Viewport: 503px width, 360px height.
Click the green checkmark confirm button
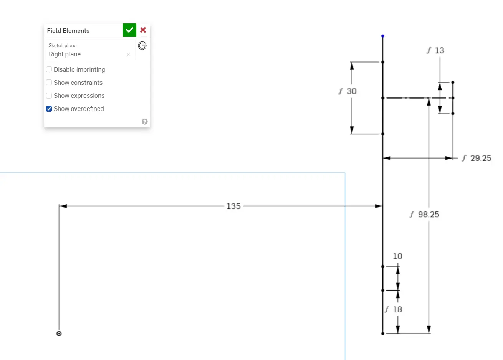click(x=129, y=30)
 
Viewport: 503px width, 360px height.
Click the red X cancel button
click(x=143, y=30)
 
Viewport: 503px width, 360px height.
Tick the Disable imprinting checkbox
click(x=49, y=69)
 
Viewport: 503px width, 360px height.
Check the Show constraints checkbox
click(x=49, y=83)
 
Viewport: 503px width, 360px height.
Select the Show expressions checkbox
click(x=49, y=96)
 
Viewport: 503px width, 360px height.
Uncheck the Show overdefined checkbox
click(x=49, y=109)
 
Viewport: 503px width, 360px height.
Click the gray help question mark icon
click(x=144, y=122)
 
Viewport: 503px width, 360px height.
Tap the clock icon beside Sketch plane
click(x=142, y=46)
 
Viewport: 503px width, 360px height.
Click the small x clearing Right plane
click(x=128, y=54)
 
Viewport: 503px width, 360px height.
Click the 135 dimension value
click(x=233, y=206)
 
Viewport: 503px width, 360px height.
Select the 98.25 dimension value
click(x=429, y=215)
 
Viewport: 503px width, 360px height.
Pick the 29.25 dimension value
click(x=481, y=158)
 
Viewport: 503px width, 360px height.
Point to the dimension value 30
click(x=352, y=91)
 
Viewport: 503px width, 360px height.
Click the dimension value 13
click(x=439, y=50)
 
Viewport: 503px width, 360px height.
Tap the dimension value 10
click(x=397, y=256)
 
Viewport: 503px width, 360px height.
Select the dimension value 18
click(x=397, y=309)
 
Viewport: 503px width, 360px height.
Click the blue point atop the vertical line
click(x=382, y=36)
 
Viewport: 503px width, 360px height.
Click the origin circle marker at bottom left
click(x=59, y=334)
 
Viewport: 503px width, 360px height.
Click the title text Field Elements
click(x=68, y=31)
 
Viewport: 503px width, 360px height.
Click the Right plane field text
click(x=65, y=54)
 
